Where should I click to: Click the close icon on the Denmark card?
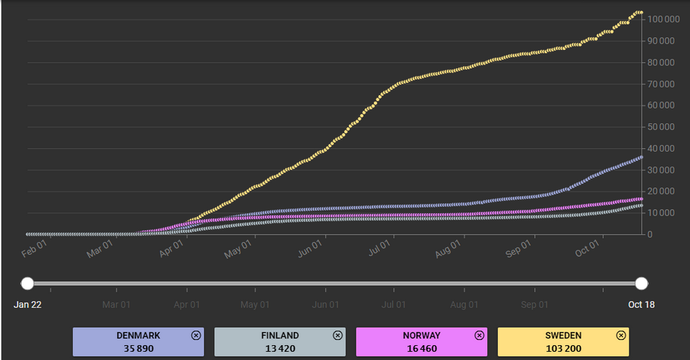click(196, 335)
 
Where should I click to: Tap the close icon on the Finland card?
click(338, 335)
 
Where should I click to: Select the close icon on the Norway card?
click(479, 335)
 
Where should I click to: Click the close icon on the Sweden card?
click(621, 335)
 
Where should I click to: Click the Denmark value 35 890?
click(138, 349)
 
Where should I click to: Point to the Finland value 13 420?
click(280, 349)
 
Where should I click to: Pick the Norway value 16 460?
click(421, 349)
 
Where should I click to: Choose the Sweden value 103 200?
click(563, 349)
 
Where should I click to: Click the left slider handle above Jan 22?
click(28, 283)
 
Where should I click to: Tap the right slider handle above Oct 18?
click(641, 283)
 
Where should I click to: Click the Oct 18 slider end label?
click(641, 305)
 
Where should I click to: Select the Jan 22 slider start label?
click(28, 305)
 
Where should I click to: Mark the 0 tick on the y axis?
click(650, 235)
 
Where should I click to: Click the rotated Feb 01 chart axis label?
click(34, 247)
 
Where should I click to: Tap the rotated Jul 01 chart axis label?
click(379, 247)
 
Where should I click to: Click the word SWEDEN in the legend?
click(563, 335)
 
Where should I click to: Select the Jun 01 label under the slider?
click(325, 305)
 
